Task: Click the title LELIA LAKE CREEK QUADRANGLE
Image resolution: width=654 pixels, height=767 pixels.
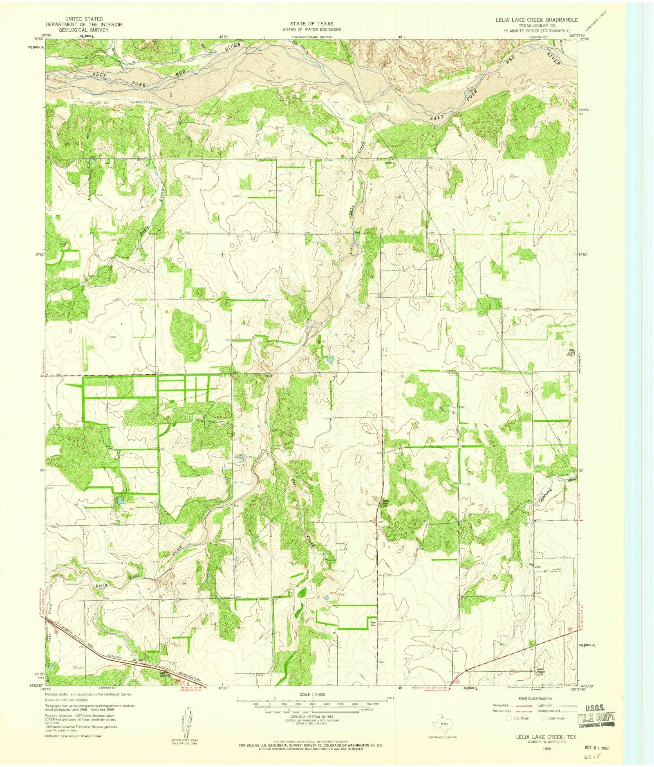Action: [x=536, y=20]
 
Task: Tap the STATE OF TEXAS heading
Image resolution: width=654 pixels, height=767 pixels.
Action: [x=311, y=23]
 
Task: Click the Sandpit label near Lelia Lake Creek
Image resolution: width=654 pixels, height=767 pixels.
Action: [x=391, y=162]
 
